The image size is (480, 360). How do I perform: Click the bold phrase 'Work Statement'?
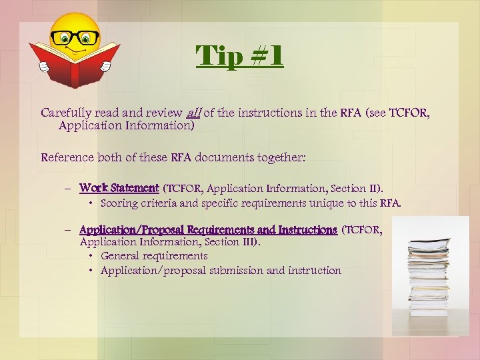[119, 189]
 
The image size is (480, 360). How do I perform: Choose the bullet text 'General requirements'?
[154, 255]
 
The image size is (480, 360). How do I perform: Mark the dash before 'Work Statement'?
[69, 189]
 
